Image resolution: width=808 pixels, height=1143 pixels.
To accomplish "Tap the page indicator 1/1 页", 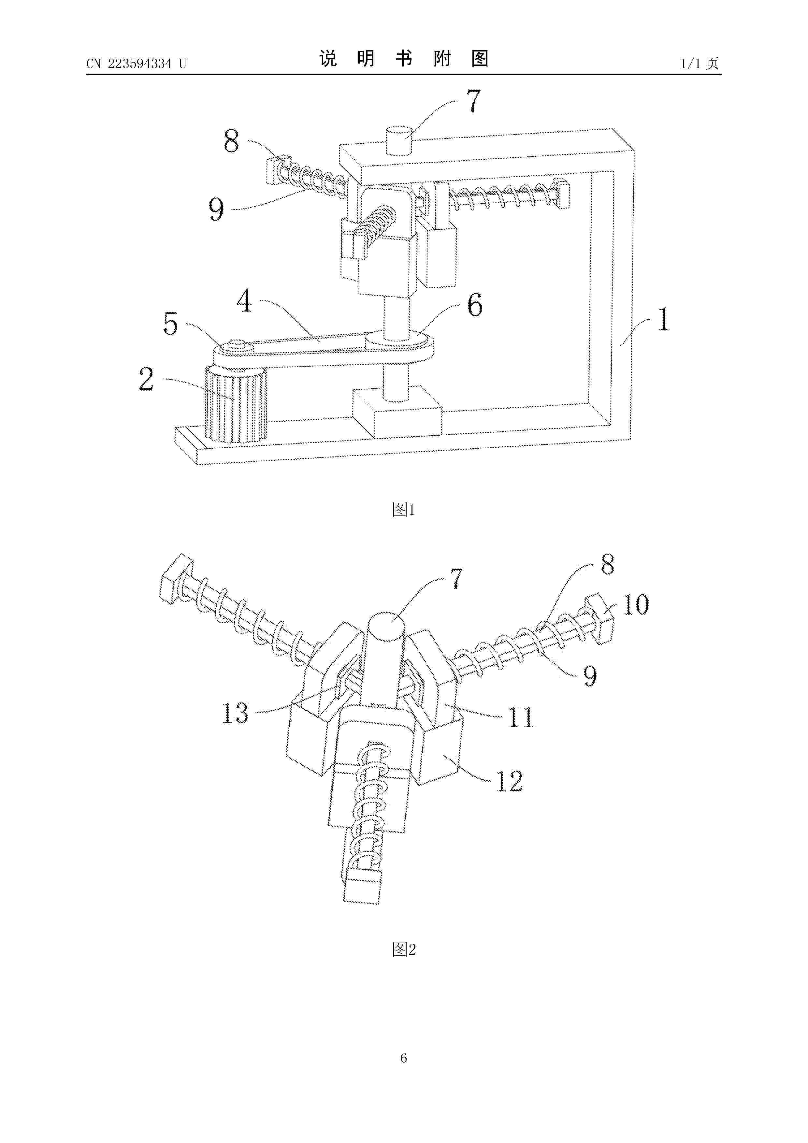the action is [700, 63].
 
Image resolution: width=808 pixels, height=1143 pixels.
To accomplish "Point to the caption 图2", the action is [404, 949].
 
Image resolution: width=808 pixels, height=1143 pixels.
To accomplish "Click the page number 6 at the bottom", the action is [404, 1058].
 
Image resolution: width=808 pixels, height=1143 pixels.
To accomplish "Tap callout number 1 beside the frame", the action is [663, 320].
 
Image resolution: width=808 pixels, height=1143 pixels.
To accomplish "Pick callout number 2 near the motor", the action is [146, 379].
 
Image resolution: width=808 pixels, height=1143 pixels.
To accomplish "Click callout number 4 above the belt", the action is [244, 301].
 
